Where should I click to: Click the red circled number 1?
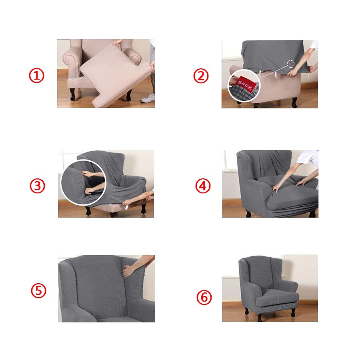click(x=36, y=75)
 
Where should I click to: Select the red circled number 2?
click(x=201, y=75)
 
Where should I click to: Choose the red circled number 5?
click(x=39, y=290)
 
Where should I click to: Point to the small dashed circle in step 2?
click(x=290, y=64)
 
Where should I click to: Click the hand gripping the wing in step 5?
click(x=129, y=271)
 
